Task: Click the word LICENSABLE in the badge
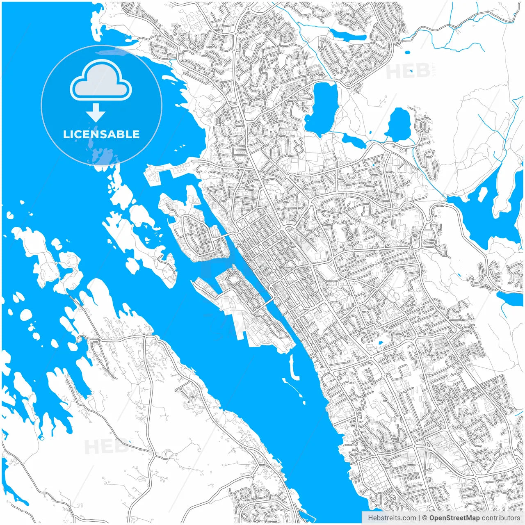click(x=101, y=134)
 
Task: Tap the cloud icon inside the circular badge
click(x=101, y=81)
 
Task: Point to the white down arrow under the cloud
click(x=96, y=113)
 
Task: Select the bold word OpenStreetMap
click(x=454, y=518)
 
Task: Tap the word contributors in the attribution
click(x=501, y=518)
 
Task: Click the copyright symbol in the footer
click(x=425, y=518)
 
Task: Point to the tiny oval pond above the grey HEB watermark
click(x=407, y=52)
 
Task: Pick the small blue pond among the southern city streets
click(x=380, y=343)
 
